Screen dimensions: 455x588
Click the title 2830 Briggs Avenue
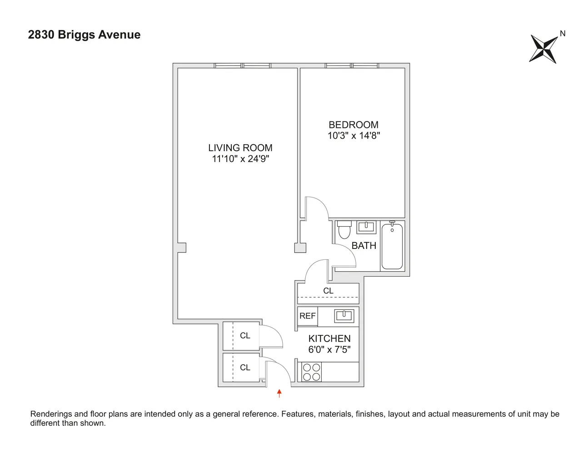(x=84, y=35)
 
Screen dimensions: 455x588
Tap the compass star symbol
(x=543, y=49)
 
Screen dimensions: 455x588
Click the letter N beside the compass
(x=563, y=33)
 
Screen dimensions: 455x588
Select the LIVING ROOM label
(x=240, y=148)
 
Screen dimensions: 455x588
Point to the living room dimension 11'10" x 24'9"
(x=240, y=159)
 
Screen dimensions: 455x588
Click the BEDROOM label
(x=354, y=125)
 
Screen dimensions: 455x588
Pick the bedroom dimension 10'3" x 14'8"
(x=354, y=136)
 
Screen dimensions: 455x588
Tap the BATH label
(x=364, y=246)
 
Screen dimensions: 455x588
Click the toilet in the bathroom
(x=344, y=229)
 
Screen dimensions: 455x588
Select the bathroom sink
(x=366, y=227)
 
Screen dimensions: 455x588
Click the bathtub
(x=392, y=245)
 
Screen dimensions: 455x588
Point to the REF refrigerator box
(x=307, y=316)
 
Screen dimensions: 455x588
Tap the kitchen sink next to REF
(x=344, y=316)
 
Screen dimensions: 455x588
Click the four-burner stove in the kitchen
(x=311, y=372)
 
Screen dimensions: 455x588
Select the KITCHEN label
(x=329, y=339)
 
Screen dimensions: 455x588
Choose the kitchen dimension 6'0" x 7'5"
(x=329, y=350)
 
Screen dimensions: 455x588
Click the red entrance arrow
(x=279, y=393)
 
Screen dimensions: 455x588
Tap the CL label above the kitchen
(x=328, y=291)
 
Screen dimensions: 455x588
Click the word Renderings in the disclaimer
(x=51, y=414)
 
